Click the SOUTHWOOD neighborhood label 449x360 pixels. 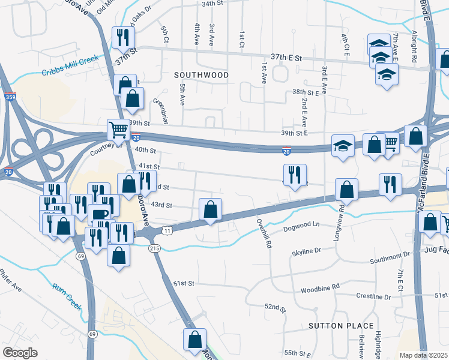[x=202, y=75]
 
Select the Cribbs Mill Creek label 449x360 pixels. [x=69, y=73]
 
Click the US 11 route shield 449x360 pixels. [x=167, y=230]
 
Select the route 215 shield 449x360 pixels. [x=155, y=248]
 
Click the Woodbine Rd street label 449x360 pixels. [x=320, y=287]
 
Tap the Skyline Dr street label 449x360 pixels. [x=306, y=250]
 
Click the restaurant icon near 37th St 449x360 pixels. [x=122, y=38]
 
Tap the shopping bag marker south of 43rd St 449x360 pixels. [x=210, y=210]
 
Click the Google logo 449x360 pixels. [x=20, y=353]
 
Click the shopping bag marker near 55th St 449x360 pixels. [x=194, y=340]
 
